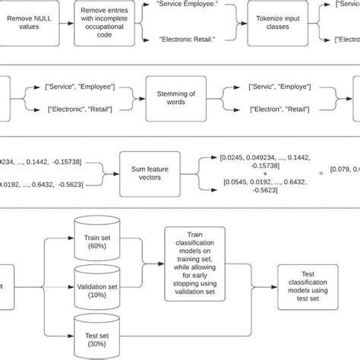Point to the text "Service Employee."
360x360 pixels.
pos(182,5)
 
